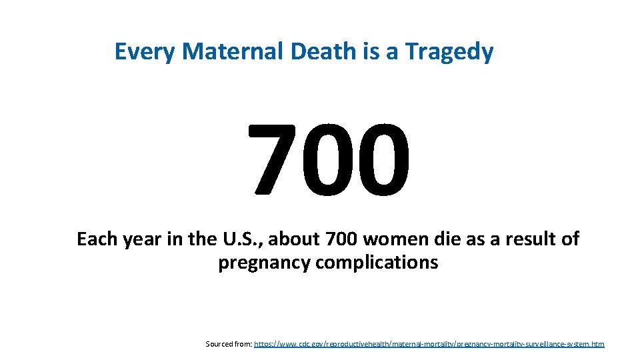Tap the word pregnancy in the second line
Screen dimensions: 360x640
tap(264, 263)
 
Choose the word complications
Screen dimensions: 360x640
tap(377, 263)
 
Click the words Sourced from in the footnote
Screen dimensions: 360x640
tap(229, 344)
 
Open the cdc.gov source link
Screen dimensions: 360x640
tap(429, 344)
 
